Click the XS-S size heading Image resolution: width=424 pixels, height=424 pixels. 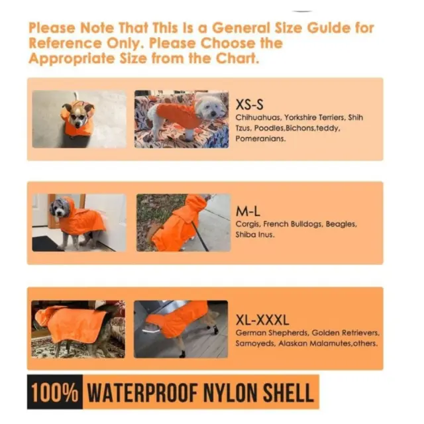249,105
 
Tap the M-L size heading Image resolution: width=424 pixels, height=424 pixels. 248,211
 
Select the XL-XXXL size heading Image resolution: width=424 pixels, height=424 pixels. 262,320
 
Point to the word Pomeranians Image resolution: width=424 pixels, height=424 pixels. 260,138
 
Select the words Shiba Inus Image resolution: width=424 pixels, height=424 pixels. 254,235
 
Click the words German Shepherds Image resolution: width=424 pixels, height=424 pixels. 272,333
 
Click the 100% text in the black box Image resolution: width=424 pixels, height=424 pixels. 55,392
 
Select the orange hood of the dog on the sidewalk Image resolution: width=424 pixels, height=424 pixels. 196,203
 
